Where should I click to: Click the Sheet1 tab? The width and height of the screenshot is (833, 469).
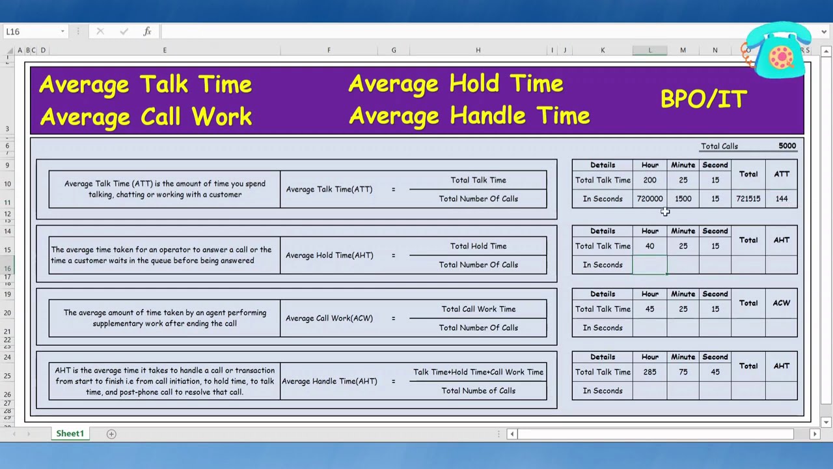[70, 434]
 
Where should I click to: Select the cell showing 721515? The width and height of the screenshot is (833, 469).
[748, 199]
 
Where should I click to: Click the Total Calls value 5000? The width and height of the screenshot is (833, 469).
[787, 146]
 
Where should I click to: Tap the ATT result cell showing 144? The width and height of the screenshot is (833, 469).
[782, 199]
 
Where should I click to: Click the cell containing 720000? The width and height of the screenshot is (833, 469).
[649, 199]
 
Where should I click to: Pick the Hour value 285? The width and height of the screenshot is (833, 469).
[649, 372]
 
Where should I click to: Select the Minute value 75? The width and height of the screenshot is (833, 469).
[683, 372]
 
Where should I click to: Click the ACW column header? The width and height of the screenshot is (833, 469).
[782, 303]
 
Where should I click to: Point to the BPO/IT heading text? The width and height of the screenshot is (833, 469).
[703, 99]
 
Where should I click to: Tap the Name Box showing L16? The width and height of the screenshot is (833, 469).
[33, 31]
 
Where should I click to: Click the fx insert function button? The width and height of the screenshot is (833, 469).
[148, 31]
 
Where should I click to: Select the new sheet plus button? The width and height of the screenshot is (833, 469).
[111, 434]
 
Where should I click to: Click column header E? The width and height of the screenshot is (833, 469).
[165, 50]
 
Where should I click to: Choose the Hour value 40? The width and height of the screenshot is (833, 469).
[649, 246]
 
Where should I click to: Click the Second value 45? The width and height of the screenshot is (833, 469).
[715, 372]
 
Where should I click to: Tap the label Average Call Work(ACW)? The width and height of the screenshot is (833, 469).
[329, 319]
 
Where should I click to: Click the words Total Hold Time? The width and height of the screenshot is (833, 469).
[478, 246]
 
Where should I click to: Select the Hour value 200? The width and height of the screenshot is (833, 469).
[649, 180]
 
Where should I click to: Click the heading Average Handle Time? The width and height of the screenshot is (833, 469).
[469, 116]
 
